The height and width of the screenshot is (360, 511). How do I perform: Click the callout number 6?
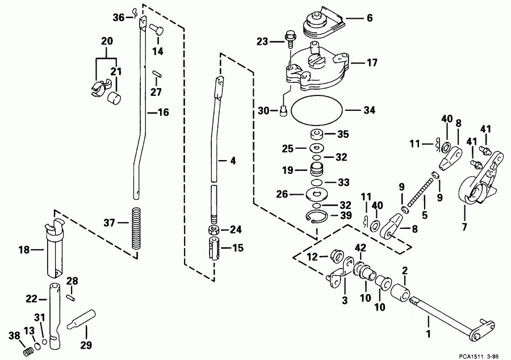(x=369, y=18)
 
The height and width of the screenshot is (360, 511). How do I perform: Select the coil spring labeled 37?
(x=136, y=228)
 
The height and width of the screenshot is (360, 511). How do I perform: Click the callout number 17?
(x=371, y=63)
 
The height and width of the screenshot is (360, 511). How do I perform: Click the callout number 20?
(x=107, y=41)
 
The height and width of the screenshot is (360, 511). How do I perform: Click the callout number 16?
(x=163, y=113)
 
